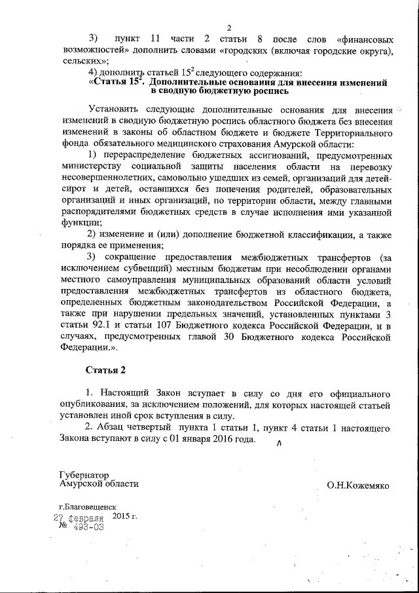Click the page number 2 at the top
[x=229, y=27]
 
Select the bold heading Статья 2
[x=105, y=370]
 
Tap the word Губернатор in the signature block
[x=84, y=474]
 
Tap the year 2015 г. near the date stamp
[x=125, y=516]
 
